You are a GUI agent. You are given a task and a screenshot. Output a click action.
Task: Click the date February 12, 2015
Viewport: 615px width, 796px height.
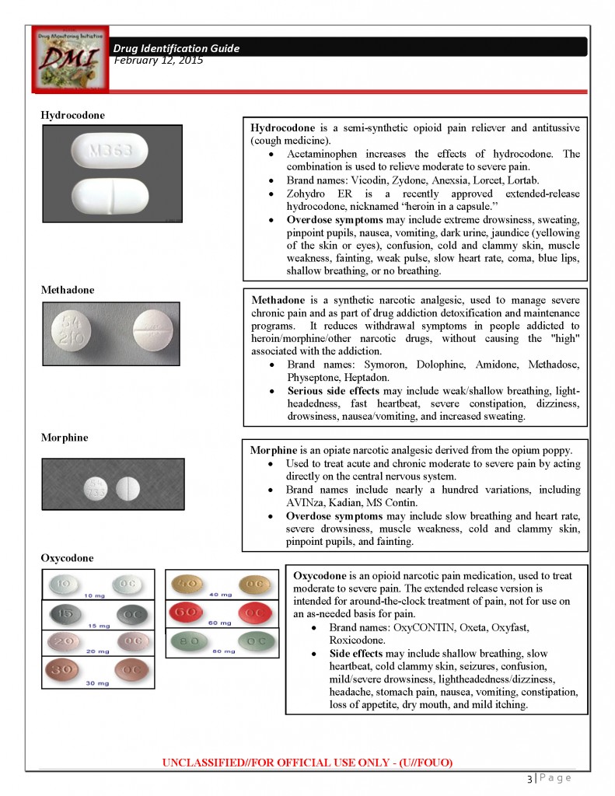(x=159, y=60)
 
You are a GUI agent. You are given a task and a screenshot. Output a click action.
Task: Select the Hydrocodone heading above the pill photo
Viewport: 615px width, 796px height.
(x=72, y=115)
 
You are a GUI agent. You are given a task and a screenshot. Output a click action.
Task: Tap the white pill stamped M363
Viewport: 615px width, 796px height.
(x=110, y=152)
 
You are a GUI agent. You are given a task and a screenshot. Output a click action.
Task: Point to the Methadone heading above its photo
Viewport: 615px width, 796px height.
(x=68, y=290)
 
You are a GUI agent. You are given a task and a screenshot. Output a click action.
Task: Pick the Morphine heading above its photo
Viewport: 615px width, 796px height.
(x=65, y=438)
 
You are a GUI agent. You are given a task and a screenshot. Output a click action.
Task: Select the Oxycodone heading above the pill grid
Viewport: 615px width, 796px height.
(x=67, y=558)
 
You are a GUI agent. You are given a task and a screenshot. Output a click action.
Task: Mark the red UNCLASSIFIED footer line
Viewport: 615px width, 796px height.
(x=307, y=762)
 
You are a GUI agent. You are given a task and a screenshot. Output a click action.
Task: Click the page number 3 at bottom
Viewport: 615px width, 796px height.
(x=529, y=778)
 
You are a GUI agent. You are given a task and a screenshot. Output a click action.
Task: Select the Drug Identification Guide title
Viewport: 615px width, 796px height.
(x=176, y=48)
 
